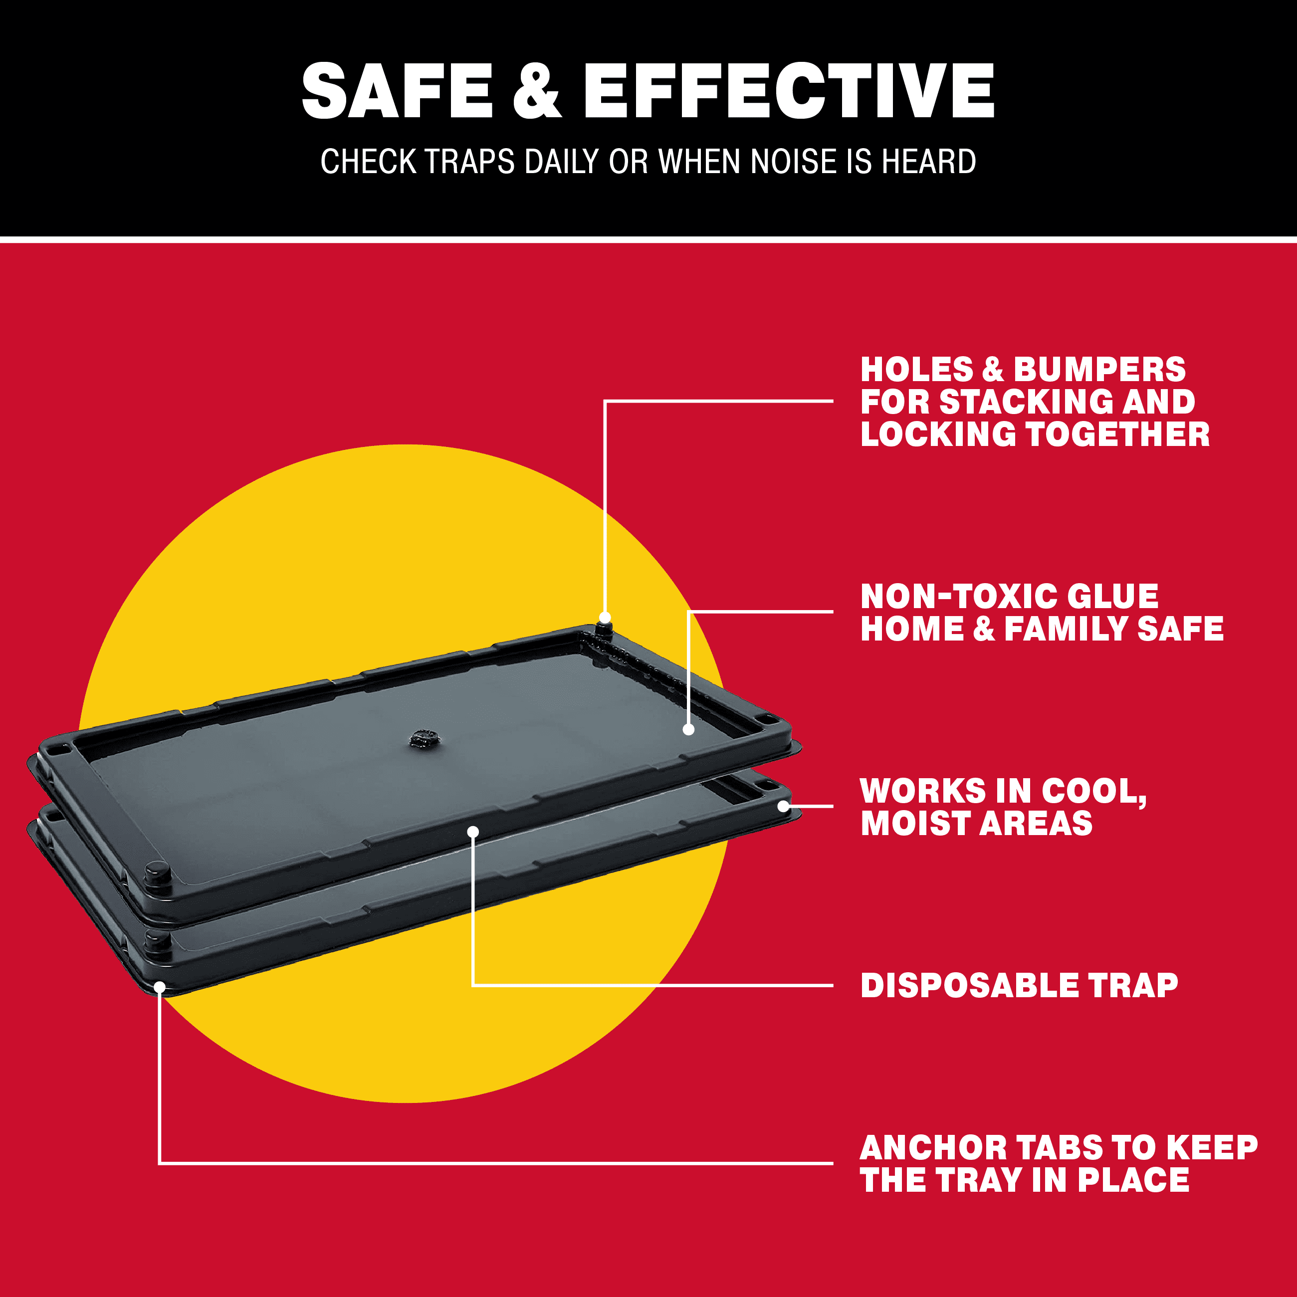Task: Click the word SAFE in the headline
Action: [398, 91]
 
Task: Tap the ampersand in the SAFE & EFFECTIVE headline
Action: [537, 91]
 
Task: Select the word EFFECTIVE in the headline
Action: [789, 91]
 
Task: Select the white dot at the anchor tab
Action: [160, 987]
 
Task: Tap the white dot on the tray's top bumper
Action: [605, 618]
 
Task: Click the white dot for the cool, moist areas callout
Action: [783, 806]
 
